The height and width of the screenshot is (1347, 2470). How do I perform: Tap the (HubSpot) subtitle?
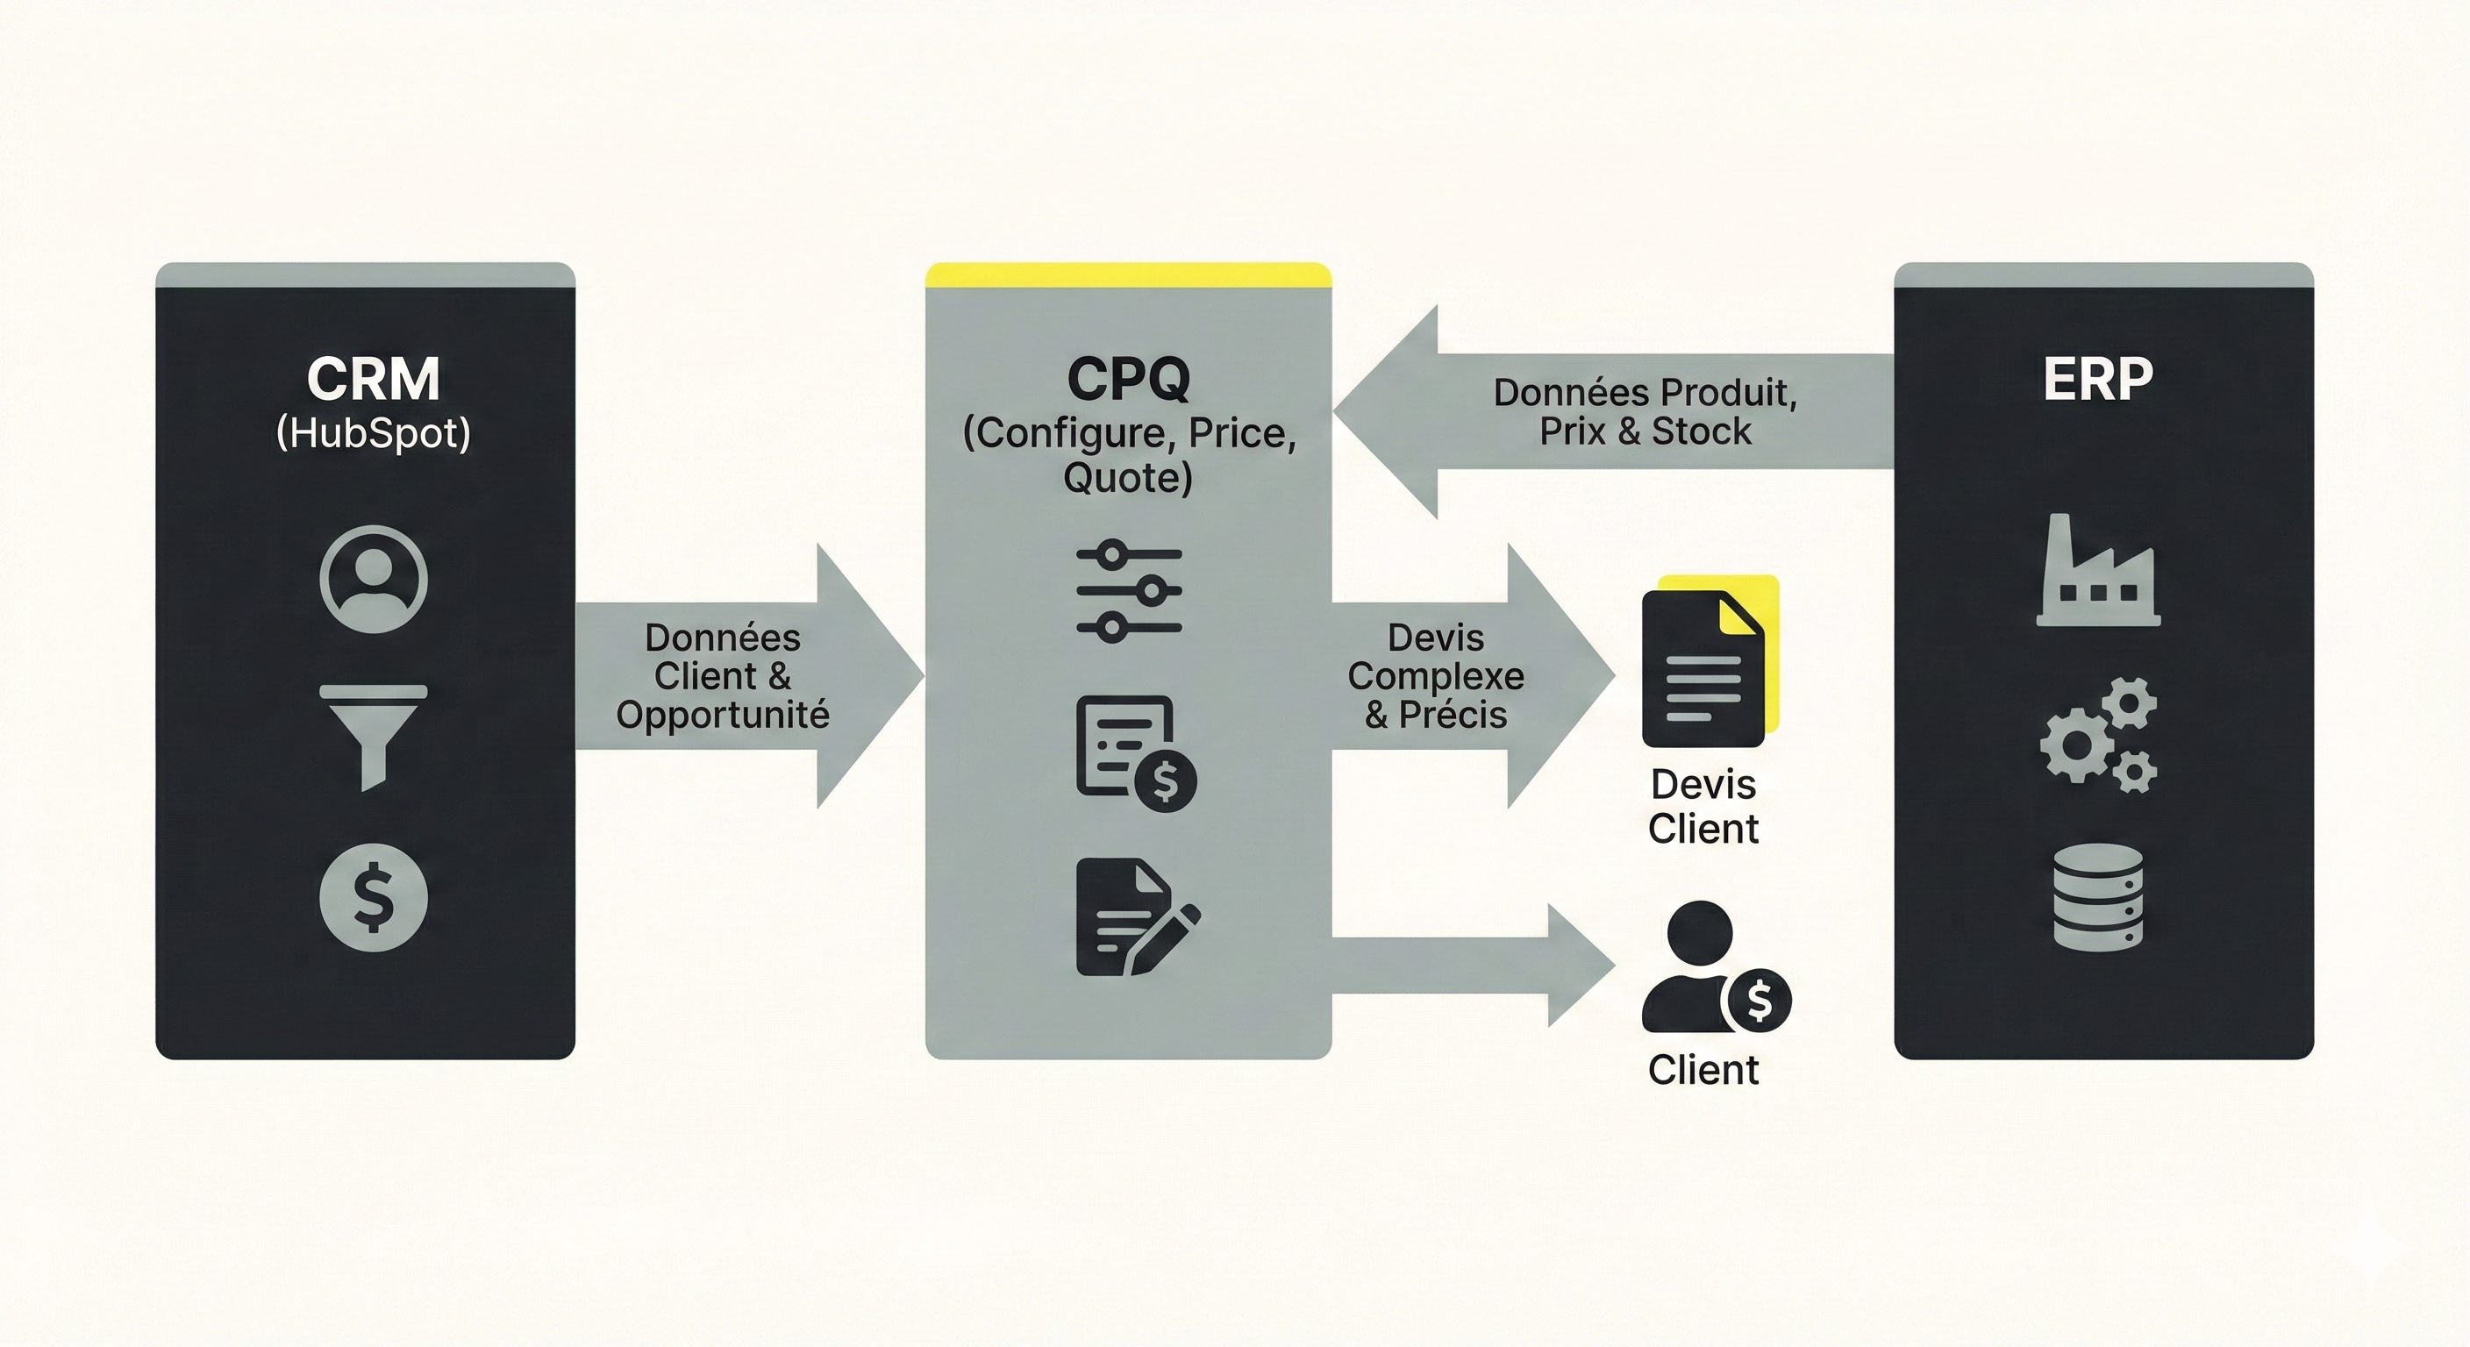coord(373,433)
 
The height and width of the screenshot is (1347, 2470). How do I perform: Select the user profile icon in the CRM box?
coord(373,579)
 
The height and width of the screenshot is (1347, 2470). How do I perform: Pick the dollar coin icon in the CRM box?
coord(373,897)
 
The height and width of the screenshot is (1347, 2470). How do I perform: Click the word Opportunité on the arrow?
coord(722,716)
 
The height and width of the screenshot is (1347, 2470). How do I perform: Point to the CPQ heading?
coord(1128,379)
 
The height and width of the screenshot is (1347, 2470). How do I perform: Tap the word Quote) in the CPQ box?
coord(1128,477)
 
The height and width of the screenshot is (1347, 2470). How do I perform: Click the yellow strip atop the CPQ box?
coord(1128,276)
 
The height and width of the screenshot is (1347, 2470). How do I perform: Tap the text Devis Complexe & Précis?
coord(1435,676)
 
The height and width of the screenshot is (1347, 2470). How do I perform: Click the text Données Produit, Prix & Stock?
coord(1645,412)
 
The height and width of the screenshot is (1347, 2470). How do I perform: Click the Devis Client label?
coord(1703,806)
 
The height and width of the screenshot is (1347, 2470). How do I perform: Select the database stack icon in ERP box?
coord(2098,897)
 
